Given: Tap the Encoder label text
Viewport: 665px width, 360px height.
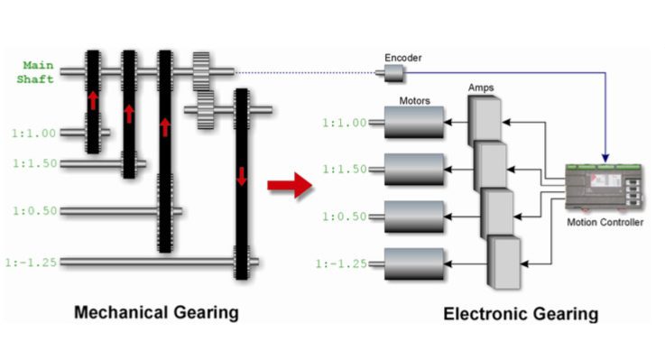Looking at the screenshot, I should (402, 58).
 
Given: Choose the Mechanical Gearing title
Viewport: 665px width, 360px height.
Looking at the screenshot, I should (157, 312).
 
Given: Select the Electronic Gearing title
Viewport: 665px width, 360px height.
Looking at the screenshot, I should (521, 314).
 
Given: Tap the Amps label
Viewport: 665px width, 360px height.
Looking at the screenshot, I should (481, 88).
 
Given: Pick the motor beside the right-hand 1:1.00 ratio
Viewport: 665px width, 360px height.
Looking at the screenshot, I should (414, 122).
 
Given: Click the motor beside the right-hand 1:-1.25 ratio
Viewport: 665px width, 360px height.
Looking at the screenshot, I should (414, 263).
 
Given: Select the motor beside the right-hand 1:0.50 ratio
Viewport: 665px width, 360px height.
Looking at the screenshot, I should (414, 216).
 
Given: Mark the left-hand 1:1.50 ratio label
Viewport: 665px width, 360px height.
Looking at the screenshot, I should (35, 163).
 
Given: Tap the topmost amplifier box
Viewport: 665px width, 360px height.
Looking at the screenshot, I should (485, 120).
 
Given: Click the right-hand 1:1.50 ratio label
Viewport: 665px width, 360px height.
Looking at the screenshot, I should (343, 169).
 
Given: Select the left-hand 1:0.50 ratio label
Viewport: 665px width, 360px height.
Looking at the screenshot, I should (35, 211).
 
